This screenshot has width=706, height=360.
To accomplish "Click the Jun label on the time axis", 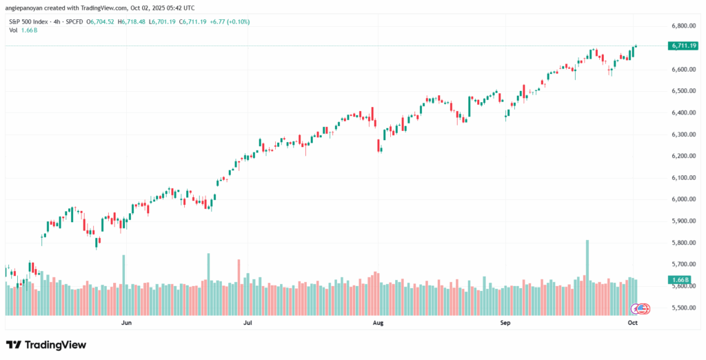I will [x=126, y=322].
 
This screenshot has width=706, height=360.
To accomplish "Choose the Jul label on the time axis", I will [x=247, y=322].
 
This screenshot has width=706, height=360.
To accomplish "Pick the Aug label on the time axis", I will [x=378, y=322].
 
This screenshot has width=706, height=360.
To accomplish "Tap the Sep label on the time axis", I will [x=505, y=322].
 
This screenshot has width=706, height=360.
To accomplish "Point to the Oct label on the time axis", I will [x=633, y=322].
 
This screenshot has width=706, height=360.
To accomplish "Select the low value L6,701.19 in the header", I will [x=165, y=22].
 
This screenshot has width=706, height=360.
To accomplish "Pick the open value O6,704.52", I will [x=103, y=22].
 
